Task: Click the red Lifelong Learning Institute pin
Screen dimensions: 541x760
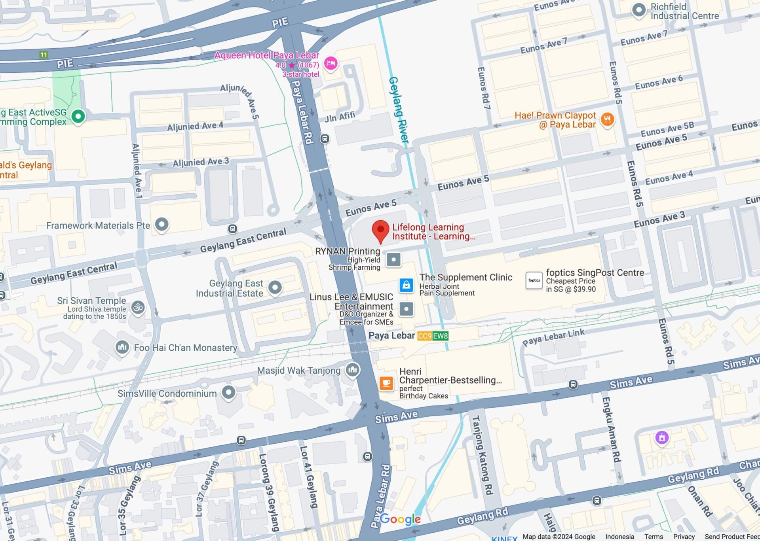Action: [x=380, y=231]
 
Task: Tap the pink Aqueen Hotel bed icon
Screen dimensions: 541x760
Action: [x=331, y=63]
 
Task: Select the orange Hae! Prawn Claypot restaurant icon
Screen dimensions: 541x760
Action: [x=607, y=119]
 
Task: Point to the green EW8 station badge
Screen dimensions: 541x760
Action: [x=440, y=336]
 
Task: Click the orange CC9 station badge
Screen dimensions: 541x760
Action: [x=424, y=336]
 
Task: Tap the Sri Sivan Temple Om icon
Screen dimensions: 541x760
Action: [x=138, y=307]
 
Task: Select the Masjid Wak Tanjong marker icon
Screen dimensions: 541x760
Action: [x=352, y=370]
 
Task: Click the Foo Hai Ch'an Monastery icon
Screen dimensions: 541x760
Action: [x=122, y=347]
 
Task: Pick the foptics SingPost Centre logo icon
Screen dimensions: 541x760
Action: [x=534, y=280]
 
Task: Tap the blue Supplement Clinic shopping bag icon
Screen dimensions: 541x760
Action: [x=406, y=285]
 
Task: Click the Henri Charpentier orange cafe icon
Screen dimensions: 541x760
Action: [x=386, y=383]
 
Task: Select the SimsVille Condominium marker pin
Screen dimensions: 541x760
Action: [x=228, y=392]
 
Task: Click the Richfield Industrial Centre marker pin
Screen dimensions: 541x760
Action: [x=638, y=10]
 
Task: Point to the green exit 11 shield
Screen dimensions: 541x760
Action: [x=44, y=55]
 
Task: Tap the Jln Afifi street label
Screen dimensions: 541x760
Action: [x=340, y=117]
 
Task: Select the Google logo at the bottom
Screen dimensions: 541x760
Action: [x=400, y=519]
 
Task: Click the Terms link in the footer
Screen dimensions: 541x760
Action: [x=654, y=537]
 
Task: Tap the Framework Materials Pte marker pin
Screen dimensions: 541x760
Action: [x=161, y=224]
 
